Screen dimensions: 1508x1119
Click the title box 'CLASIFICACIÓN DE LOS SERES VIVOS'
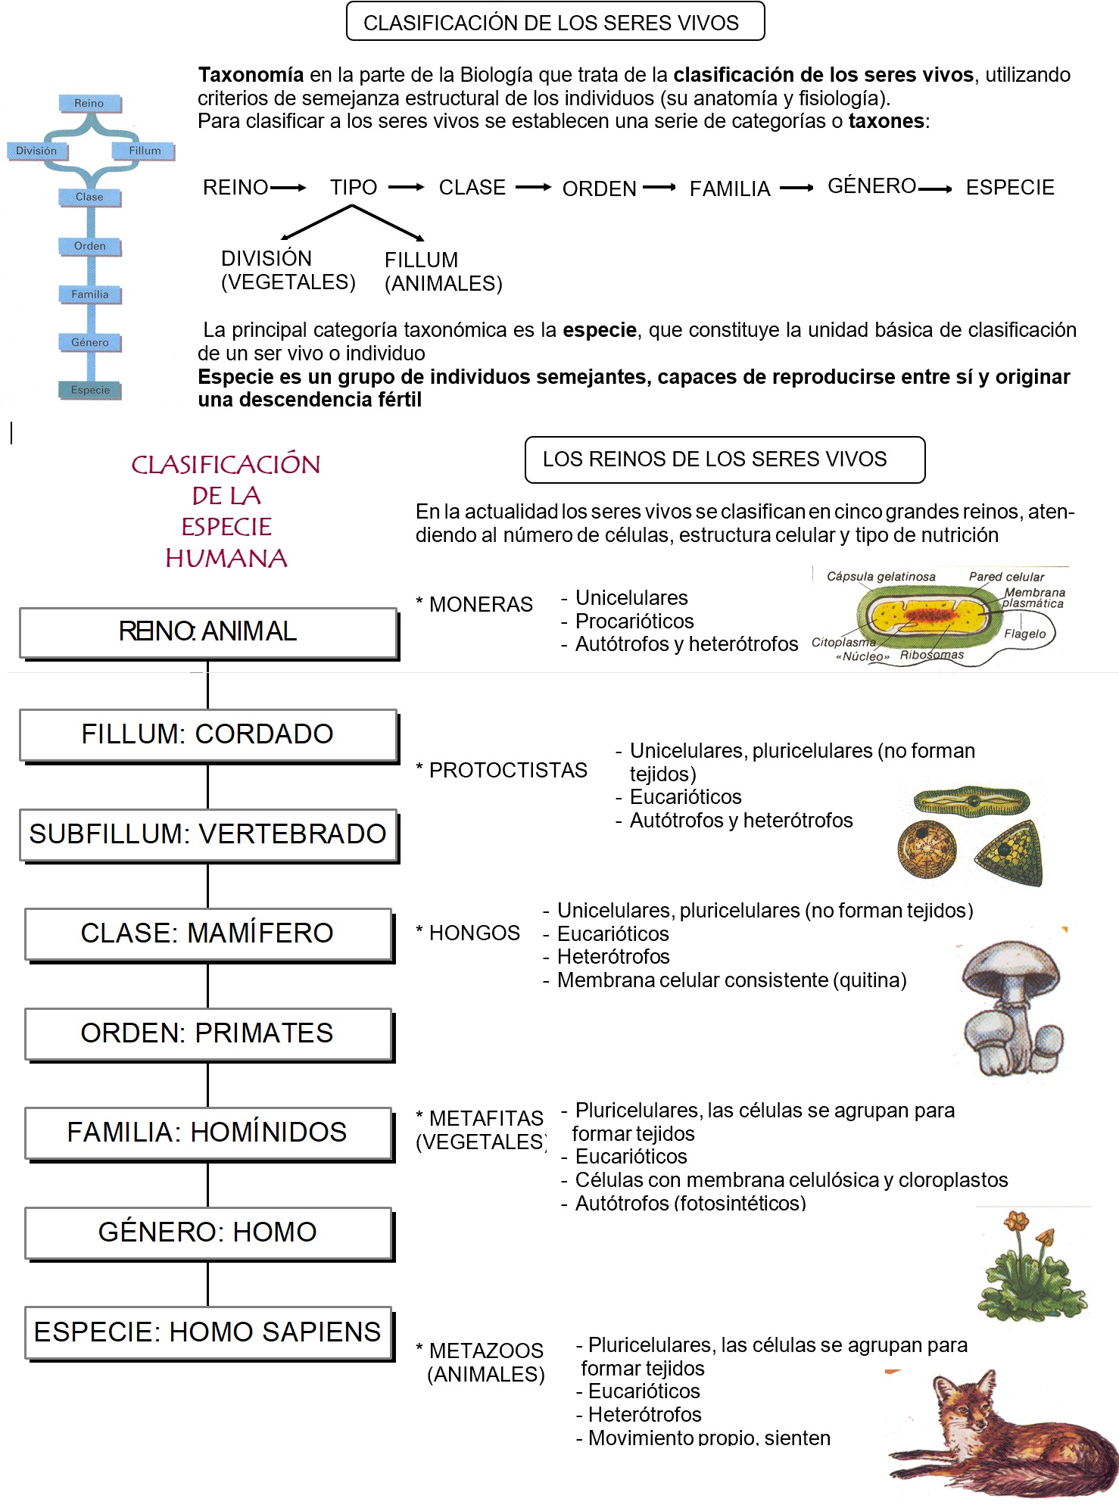pos(555,22)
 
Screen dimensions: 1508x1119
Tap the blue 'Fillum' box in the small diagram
pos(144,151)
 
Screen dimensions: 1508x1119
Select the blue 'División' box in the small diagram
pos(36,151)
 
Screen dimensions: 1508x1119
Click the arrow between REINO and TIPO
pos(288,187)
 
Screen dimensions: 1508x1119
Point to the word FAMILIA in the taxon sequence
pos(729,188)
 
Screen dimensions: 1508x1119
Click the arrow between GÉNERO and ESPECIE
pos(936,188)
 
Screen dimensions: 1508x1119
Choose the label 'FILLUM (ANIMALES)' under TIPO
pos(443,272)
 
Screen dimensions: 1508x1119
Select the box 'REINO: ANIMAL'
pos(208,632)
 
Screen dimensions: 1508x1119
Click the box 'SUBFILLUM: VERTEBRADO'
pos(208,834)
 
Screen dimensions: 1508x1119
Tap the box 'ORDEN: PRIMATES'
pos(208,1033)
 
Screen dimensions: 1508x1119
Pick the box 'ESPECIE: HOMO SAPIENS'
pos(208,1332)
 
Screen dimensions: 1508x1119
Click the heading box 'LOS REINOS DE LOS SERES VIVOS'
pos(725,460)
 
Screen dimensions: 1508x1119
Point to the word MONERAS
pos(481,604)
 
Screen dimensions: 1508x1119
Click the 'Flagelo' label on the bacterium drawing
pos(1024,634)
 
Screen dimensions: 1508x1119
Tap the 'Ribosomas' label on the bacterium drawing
pos(931,655)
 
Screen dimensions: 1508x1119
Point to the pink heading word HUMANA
pos(226,559)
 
